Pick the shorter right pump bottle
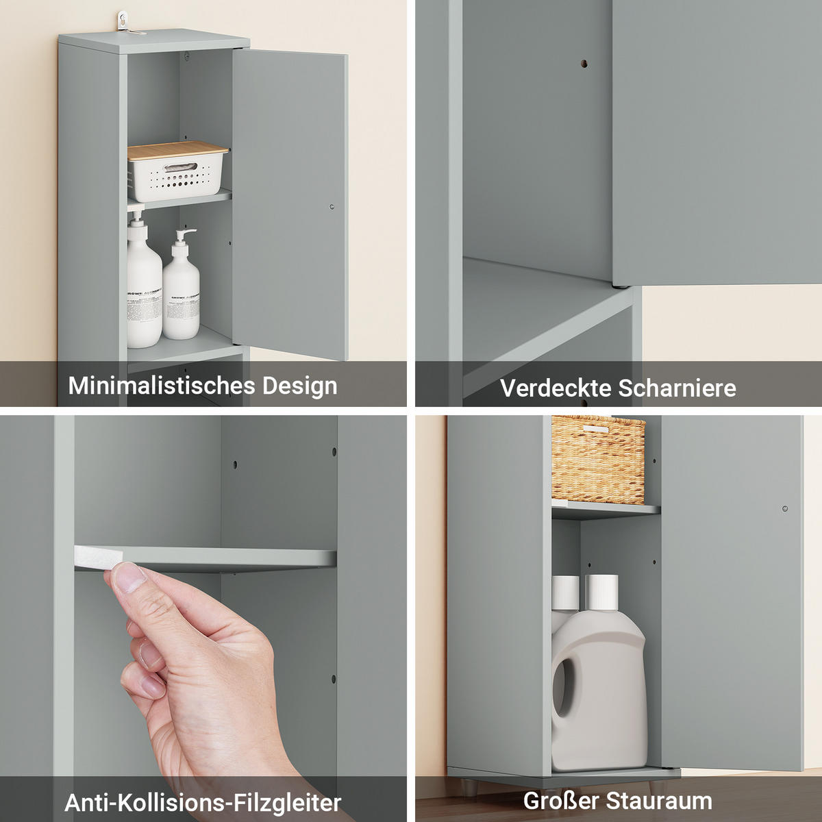click(182, 291)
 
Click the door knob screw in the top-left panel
click(332, 206)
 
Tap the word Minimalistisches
click(162, 386)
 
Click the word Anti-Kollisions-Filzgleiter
click(203, 802)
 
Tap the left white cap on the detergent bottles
click(565, 592)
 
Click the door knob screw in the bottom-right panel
click(785, 509)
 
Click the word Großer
click(562, 800)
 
